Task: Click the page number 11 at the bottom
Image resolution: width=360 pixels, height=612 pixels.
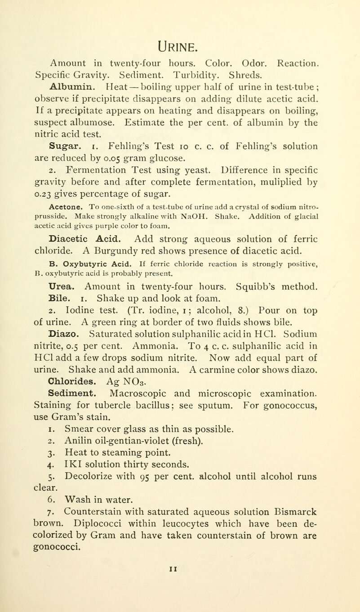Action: tap(180, 598)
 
